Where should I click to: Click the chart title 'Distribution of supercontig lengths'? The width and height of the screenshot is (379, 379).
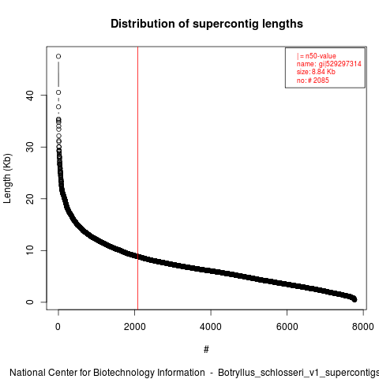click(x=207, y=24)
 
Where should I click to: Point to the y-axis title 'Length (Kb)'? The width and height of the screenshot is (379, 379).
click(x=7, y=178)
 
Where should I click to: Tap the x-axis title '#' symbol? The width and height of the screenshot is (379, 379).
click(x=206, y=350)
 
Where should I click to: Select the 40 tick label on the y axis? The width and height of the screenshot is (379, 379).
click(x=30, y=96)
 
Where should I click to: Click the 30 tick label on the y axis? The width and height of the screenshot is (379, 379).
click(x=30, y=147)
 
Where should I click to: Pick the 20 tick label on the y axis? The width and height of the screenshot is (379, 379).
click(x=30, y=199)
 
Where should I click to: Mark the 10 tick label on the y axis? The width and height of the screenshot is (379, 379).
click(x=30, y=250)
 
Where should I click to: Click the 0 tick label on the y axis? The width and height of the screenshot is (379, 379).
click(x=30, y=302)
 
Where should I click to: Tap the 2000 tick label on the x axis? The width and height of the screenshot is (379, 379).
click(x=134, y=327)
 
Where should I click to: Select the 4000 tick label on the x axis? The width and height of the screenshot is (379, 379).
click(x=211, y=327)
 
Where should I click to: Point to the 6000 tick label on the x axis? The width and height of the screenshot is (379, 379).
click(x=287, y=327)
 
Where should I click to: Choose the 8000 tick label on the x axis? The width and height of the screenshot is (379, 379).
click(x=363, y=327)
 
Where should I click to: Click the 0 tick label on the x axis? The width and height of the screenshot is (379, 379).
click(x=58, y=327)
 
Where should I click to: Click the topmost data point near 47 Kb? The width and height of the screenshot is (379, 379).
click(x=58, y=56)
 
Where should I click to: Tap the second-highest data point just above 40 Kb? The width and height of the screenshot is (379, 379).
click(x=58, y=92)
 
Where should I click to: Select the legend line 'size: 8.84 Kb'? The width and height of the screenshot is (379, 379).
click(x=316, y=72)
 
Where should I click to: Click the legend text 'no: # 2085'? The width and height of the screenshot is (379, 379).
click(x=313, y=80)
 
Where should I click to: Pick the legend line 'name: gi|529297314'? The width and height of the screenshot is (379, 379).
click(x=328, y=64)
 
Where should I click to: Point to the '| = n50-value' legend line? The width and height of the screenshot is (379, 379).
click(x=316, y=56)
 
